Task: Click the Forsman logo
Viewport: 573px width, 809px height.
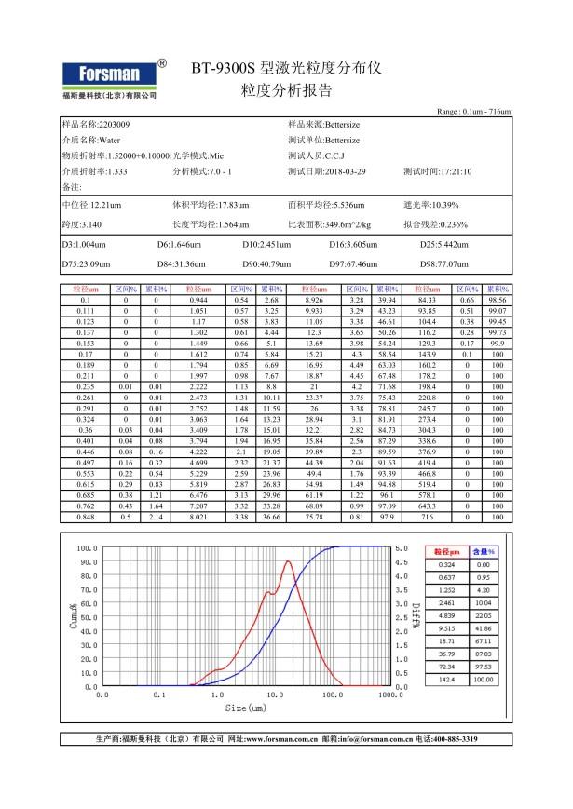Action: point(107,76)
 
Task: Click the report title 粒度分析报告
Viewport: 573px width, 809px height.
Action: point(286,91)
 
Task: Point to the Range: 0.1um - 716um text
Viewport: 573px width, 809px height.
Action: point(473,112)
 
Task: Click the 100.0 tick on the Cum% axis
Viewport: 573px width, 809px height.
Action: point(86,548)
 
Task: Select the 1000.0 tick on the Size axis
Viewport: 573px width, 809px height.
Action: point(389,694)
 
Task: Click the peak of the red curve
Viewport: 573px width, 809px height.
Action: point(288,561)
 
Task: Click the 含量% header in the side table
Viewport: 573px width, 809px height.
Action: point(483,551)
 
